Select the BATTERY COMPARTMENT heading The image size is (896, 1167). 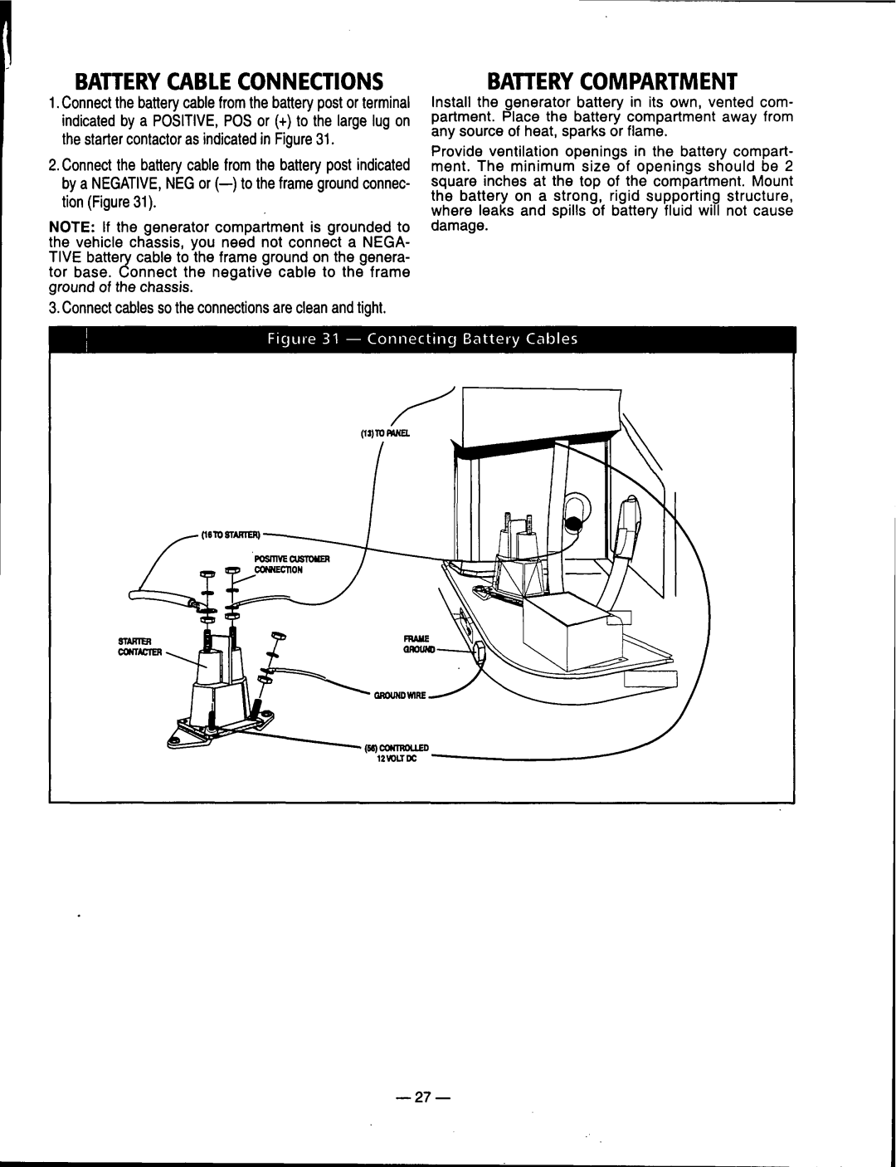[611, 81]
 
